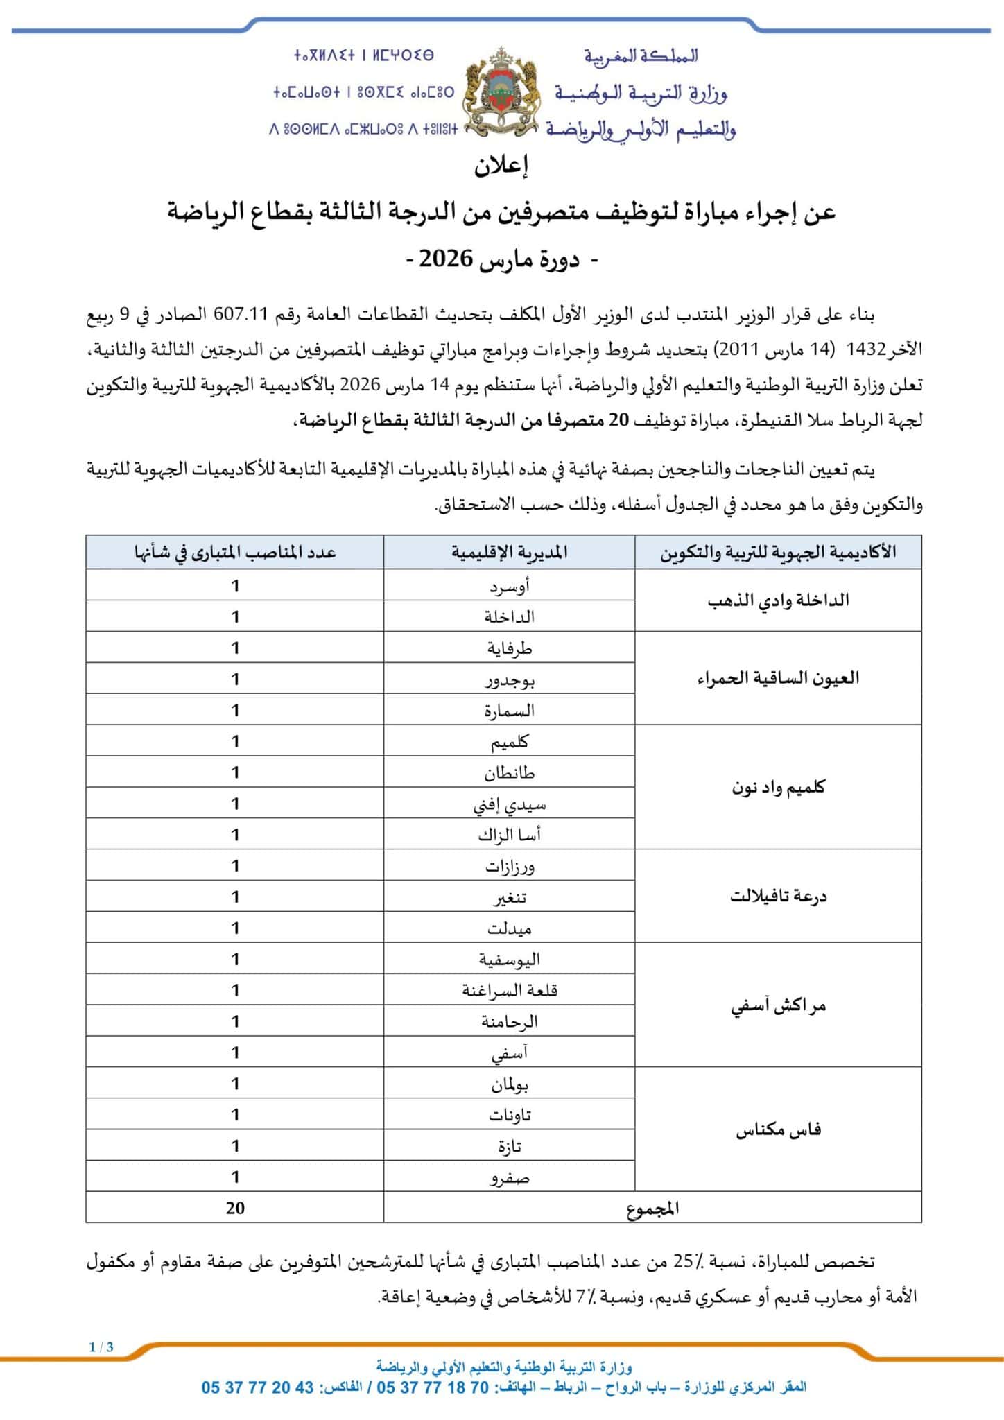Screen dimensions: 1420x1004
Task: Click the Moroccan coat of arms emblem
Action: pyautogui.click(x=501, y=92)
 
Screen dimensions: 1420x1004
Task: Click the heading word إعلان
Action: pyautogui.click(x=501, y=166)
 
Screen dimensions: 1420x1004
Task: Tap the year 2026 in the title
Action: pyautogui.click(x=446, y=259)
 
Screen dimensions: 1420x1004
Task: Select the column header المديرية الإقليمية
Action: pyautogui.click(x=509, y=553)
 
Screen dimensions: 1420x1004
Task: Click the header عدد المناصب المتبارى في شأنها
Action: pyautogui.click(x=235, y=553)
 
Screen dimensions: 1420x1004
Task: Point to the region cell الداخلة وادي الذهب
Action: pyautogui.click(x=778, y=600)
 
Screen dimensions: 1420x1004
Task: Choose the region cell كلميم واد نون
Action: pyautogui.click(x=778, y=788)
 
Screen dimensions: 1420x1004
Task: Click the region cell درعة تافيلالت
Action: pyautogui.click(x=778, y=896)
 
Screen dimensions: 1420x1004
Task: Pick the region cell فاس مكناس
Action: pyautogui.click(x=778, y=1130)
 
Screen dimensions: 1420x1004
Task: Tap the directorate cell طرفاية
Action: pyautogui.click(x=509, y=648)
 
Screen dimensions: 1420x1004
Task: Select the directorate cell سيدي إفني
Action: pyautogui.click(x=509, y=804)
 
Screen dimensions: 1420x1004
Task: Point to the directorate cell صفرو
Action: pyautogui.click(x=509, y=1177)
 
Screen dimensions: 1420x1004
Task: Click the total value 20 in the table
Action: pyautogui.click(x=235, y=1208)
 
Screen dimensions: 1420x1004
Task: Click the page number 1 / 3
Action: pyautogui.click(x=101, y=1347)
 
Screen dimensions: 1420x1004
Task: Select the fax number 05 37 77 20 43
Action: pyautogui.click(x=258, y=1387)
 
